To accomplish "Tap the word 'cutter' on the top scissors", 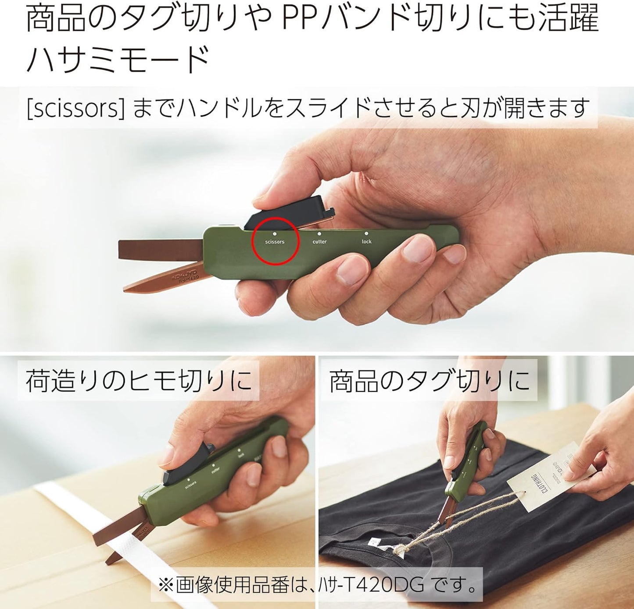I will coord(319,242).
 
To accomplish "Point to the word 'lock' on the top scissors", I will coord(366,242).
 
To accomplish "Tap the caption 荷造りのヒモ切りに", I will coord(138,380).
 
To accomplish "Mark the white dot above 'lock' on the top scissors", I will coord(366,234).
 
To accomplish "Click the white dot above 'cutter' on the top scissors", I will coord(319,234).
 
